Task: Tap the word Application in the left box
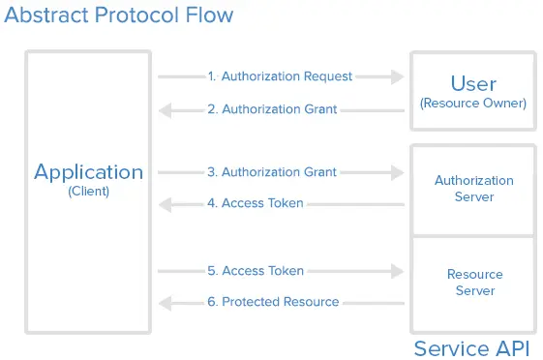click(x=88, y=172)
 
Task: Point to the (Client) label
click(x=88, y=192)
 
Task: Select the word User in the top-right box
click(x=473, y=82)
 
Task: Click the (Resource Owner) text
click(x=473, y=103)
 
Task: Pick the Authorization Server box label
click(x=473, y=189)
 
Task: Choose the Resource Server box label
click(x=473, y=283)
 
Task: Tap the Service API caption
click(x=472, y=348)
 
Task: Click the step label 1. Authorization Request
click(x=280, y=76)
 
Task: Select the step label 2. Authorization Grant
click(x=272, y=109)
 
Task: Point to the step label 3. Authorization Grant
click(x=272, y=172)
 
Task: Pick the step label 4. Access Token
click(x=255, y=203)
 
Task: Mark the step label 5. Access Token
click(x=255, y=271)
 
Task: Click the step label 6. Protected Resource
click(x=273, y=302)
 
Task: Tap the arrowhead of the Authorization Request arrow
click(x=397, y=76)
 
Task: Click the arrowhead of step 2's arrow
click(x=166, y=110)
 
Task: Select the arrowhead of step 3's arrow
click(x=397, y=172)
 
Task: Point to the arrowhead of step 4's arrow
click(x=166, y=204)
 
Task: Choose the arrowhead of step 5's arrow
click(x=397, y=271)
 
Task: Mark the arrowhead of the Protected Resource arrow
click(x=166, y=303)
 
